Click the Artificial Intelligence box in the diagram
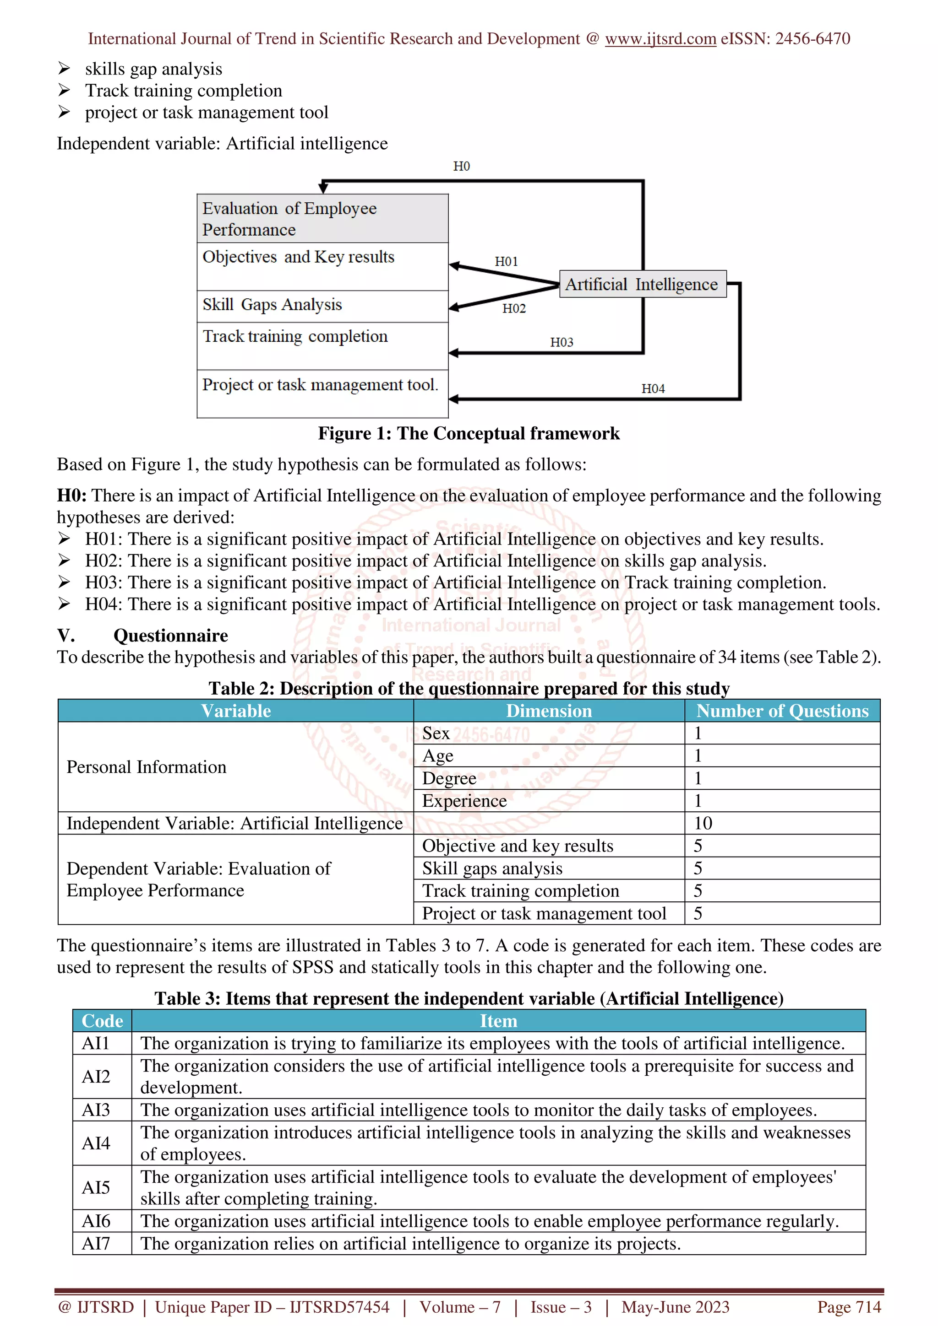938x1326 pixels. coord(642,284)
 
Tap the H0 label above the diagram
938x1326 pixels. coord(461,167)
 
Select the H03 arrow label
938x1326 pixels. coord(561,342)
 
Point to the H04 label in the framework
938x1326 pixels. coord(653,388)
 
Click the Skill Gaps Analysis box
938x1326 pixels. coord(322,306)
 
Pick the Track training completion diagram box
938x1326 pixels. coord(322,345)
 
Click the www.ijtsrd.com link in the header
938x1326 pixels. coord(660,39)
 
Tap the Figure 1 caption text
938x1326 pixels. coord(468,433)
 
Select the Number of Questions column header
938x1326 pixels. coord(781,711)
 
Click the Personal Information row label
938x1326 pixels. coord(146,767)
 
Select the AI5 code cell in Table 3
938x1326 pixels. coord(96,1187)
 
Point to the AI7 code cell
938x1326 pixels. coord(96,1244)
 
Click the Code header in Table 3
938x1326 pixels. coord(102,1021)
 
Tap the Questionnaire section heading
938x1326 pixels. coord(170,635)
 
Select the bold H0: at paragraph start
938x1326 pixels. coord(71,496)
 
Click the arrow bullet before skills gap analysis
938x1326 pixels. coord(64,69)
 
